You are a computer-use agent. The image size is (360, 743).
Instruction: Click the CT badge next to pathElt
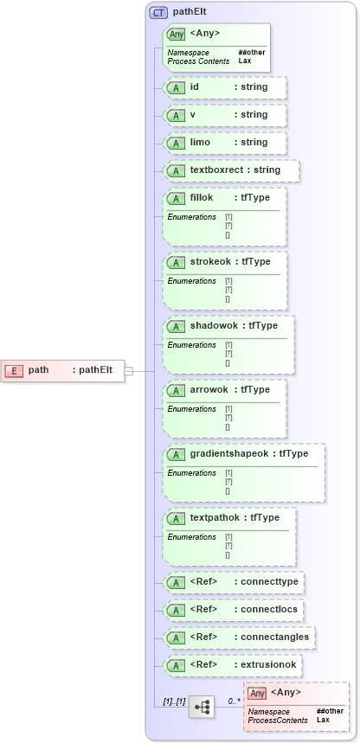pos(158,13)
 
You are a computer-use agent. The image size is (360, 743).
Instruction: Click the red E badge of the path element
pos(14,370)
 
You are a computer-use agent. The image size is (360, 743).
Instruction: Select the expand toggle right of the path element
pos(128,370)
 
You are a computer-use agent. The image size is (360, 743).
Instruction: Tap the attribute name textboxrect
pos(218,170)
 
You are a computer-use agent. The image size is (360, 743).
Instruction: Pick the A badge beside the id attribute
pos(177,87)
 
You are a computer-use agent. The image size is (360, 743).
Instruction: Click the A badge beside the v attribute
pos(177,115)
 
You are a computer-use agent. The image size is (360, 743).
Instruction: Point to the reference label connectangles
pos(273,637)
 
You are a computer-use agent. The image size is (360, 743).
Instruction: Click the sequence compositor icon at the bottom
pos(202,707)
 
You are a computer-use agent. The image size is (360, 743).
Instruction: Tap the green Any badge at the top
pos(177,34)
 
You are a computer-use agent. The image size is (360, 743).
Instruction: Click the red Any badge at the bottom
pos(257,693)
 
